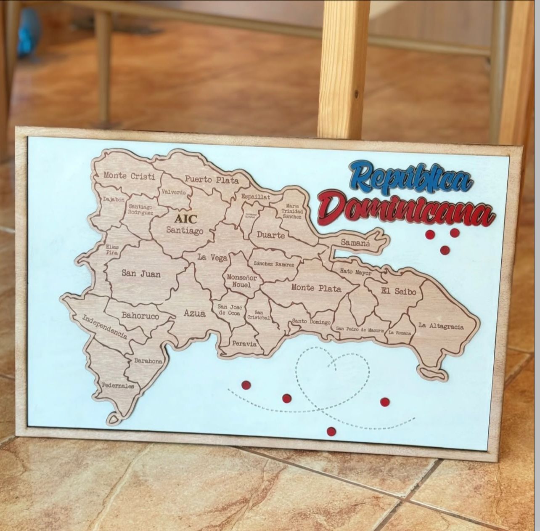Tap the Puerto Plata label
click(212, 180)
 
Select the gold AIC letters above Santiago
click(185, 219)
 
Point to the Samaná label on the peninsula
click(355, 242)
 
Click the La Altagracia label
click(441, 326)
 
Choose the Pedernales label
click(118, 385)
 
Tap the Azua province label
click(195, 313)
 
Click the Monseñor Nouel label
click(241, 281)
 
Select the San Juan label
click(141, 273)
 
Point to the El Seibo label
click(398, 291)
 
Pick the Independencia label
click(104, 327)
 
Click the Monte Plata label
click(316, 288)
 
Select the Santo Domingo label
click(311, 322)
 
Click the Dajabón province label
click(114, 199)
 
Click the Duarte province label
click(271, 235)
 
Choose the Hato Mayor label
click(355, 272)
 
